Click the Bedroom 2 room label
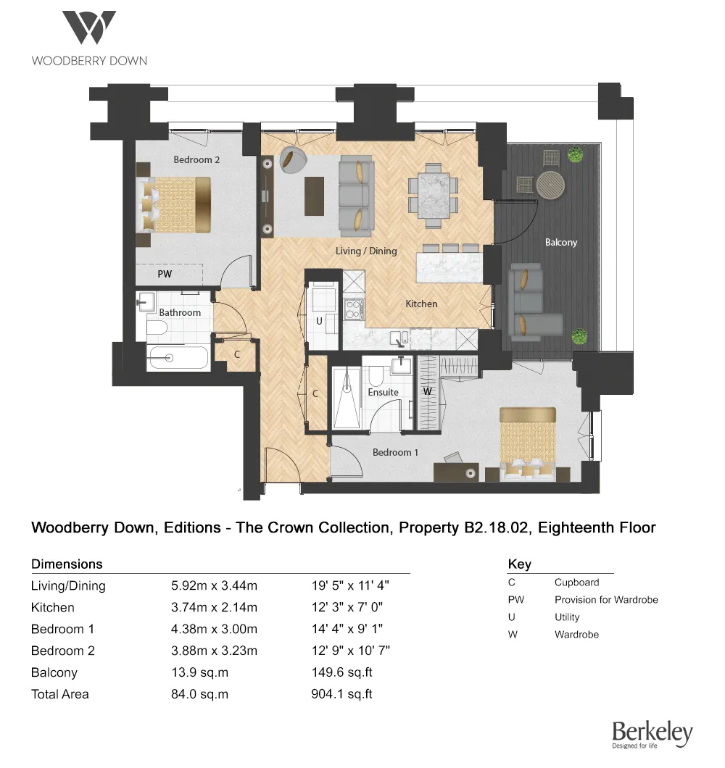point(196,159)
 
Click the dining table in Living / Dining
point(433,193)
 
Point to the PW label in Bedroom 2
point(165,275)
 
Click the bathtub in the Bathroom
point(178,357)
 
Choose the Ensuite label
point(383,392)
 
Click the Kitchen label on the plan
point(421,304)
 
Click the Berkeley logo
point(652,734)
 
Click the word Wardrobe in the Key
point(576,635)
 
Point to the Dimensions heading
point(67,564)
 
